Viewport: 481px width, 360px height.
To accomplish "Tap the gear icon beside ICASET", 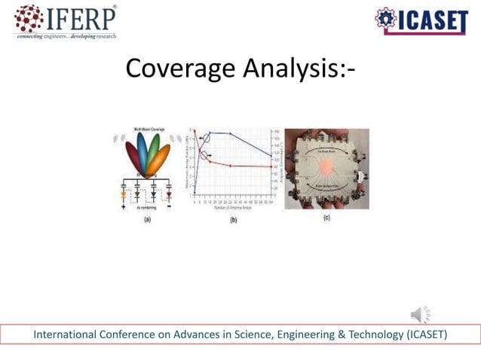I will pos(385,20).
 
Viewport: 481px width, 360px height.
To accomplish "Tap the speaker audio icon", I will pos(421,314).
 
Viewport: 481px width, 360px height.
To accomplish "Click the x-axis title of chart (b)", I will pos(231,208).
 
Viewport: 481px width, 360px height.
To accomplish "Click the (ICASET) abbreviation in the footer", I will pos(427,334).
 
